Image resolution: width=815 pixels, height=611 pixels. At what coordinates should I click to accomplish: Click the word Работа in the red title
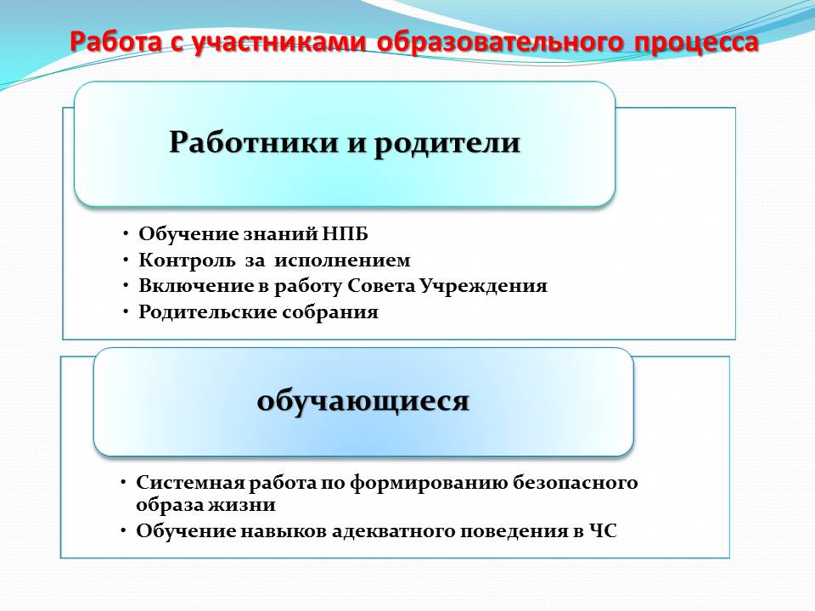[x=116, y=42]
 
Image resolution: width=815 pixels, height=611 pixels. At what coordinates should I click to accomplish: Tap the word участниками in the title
[x=279, y=42]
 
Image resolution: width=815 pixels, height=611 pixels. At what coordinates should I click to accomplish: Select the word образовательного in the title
[x=499, y=42]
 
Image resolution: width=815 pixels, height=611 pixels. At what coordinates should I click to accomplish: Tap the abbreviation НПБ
[x=345, y=234]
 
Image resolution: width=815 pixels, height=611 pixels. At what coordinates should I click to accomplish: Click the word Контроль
[x=187, y=260]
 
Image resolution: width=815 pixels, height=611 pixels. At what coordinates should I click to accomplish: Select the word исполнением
[x=342, y=260]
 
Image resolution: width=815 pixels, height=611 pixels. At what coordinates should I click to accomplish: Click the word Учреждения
[x=483, y=286]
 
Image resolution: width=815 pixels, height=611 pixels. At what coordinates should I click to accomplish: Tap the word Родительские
[x=207, y=311]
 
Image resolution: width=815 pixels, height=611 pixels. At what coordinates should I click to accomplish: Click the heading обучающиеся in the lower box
[x=363, y=401]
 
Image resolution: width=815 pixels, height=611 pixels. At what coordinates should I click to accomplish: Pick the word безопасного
[x=576, y=483]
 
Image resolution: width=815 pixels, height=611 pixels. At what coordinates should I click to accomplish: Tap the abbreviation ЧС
[x=603, y=531]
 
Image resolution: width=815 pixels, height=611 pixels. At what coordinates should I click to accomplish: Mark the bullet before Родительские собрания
[x=126, y=311]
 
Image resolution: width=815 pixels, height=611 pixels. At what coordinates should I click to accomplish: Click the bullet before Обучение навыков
[x=123, y=530]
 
